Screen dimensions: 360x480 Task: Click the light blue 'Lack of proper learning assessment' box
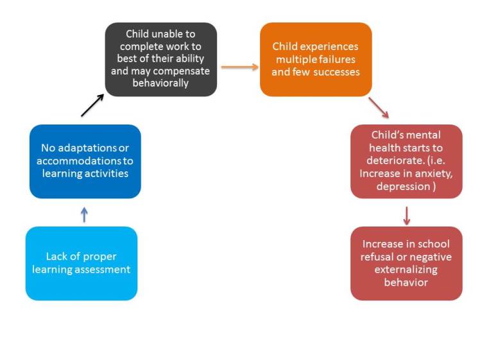pos(81,263)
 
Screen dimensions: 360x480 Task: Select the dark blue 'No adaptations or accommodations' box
pos(85,161)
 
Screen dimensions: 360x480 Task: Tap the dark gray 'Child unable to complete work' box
pos(160,59)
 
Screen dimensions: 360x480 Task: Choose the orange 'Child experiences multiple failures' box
pos(316,59)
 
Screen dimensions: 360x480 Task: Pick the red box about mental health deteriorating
pos(406,161)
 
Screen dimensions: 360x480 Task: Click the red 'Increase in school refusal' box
pos(406,263)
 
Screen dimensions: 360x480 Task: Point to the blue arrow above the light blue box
pos(84,214)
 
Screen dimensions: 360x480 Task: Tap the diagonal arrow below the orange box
pos(378,108)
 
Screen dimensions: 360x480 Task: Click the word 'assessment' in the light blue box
pos(103,270)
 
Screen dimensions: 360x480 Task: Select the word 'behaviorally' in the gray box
pos(160,83)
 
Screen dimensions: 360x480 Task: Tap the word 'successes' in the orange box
pos(338,72)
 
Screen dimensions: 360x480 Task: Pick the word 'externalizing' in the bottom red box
pos(406,270)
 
